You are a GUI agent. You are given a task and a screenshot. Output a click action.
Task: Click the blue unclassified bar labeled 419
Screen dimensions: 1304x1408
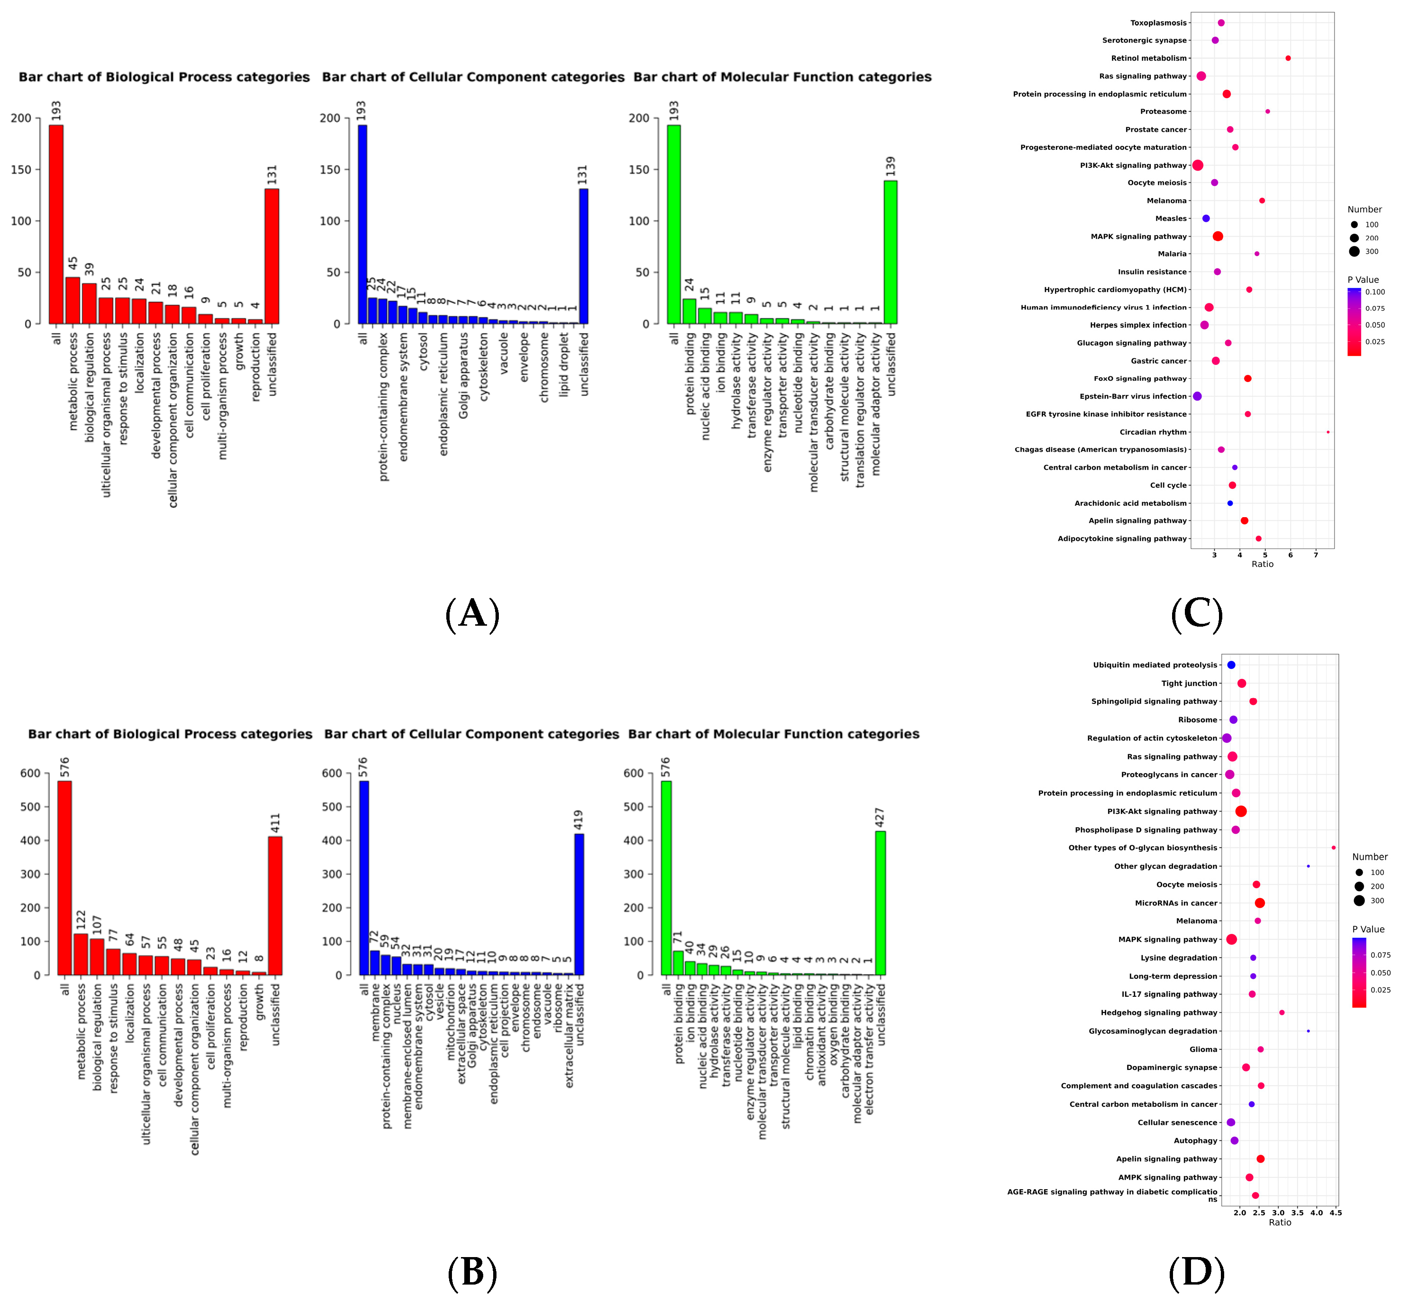point(578,904)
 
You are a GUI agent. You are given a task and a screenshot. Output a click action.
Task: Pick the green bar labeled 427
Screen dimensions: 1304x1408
point(880,903)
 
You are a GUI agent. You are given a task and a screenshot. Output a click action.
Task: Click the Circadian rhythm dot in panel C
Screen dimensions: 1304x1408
point(1327,432)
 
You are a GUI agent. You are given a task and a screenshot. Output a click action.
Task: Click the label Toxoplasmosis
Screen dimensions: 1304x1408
point(1158,23)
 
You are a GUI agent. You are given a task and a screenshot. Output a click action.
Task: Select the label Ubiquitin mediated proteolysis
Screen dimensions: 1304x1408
point(1155,665)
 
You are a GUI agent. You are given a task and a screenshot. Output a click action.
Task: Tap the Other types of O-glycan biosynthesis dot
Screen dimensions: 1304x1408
point(1333,848)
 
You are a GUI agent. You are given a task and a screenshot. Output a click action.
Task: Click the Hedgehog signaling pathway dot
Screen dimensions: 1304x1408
point(1282,1012)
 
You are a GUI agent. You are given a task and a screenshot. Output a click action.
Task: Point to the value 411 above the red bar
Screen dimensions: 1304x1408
point(276,823)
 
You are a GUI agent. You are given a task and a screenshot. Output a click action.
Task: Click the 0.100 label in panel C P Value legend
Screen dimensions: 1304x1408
point(1374,292)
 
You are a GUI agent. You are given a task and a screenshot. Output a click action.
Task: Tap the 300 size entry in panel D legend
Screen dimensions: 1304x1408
point(1377,901)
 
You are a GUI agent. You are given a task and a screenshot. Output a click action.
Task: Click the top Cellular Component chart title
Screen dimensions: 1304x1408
point(473,77)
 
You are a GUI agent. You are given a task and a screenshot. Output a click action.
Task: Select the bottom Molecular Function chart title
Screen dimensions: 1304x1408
point(773,734)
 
